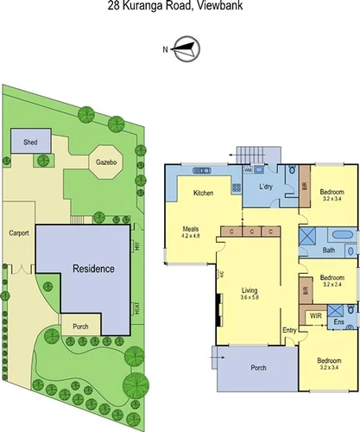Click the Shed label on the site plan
click(x=31, y=141)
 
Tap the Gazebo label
click(x=108, y=161)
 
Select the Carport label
click(x=20, y=233)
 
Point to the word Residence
click(x=93, y=269)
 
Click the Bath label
click(x=329, y=251)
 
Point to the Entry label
click(x=288, y=329)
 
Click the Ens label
click(x=339, y=323)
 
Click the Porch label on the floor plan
click(x=258, y=368)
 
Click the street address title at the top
click(x=180, y=7)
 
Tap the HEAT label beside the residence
click(x=136, y=308)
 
